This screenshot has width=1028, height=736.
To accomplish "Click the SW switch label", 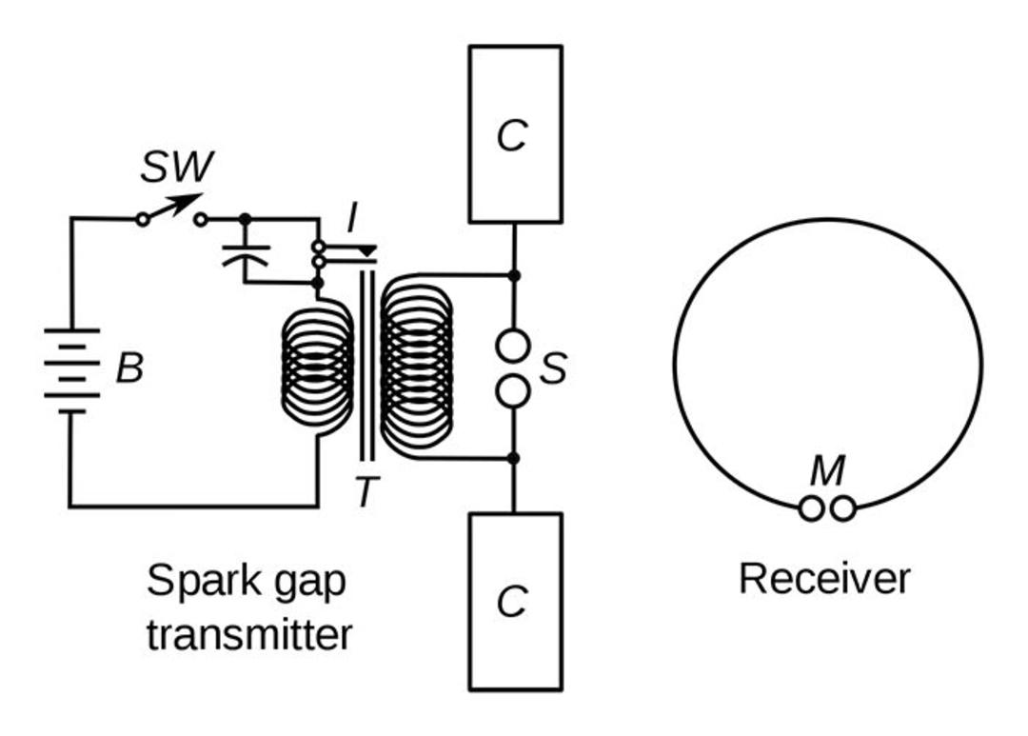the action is pyautogui.click(x=177, y=168).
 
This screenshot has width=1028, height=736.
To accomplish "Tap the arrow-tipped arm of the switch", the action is pyautogui.click(x=173, y=208).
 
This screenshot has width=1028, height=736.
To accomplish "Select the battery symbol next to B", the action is pyautogui.click(x=71, y=370).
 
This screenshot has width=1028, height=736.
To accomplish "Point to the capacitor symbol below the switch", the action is pyautogui.click(x=246, y=254).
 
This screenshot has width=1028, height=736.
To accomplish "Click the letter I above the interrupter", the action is pyautogui.click(x=353, y=217).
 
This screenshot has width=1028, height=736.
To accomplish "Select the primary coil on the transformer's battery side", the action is pyautogui.click(x=317, y=368).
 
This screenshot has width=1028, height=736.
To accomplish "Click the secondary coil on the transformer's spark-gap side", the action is pyautogui.click(x=416, y=366).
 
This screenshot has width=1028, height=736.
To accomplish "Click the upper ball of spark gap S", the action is pyautogui.click(x=513, y=346).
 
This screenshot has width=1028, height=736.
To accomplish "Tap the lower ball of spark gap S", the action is pyautogui.click(x=513, y=391).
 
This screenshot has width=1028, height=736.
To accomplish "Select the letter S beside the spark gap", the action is pyautogui.click(x=553, y=368).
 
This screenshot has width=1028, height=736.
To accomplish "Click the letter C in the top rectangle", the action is pyautogui.click(x=512, y=135).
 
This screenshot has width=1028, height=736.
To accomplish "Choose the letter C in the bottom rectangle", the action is pyautogui.click(x=512, y=601).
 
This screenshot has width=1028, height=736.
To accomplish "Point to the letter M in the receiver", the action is pyautogui.click(x=827, y=470).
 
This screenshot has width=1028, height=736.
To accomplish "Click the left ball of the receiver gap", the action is pyautogui.click(x=811, y=508).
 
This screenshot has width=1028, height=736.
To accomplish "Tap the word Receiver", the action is pyautogui.click(x=824, y=579).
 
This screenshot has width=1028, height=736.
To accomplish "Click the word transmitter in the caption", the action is pyautogui.click(x=249, y=635).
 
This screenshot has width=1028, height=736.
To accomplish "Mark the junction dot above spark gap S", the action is pyautogui.click(x=514, y=275).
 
